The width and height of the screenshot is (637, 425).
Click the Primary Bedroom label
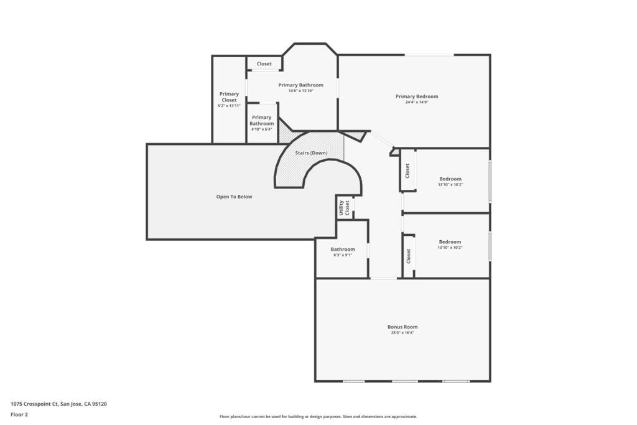[x=417, y=96]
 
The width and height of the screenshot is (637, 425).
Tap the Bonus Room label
[x=402, y=327]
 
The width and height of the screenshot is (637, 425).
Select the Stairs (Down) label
[x=311, y=152]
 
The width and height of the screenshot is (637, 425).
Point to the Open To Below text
[x=234, y=197]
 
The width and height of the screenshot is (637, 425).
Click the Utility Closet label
[x=344, y=207]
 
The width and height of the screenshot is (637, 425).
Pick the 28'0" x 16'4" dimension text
[x=402, y=333]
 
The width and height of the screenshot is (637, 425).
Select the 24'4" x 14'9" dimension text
[x=417, y=102]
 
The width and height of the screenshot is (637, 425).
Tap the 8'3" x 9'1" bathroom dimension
[x=343, y=255]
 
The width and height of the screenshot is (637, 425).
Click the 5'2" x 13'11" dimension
[x=229, y=106]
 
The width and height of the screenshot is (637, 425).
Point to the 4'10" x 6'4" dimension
[x=262, y=129]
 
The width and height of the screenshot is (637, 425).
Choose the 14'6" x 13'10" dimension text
[x=300, y=91]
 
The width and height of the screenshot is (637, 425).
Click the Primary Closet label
[x=229, y=97]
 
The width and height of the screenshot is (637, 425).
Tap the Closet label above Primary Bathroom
[x=264, y=63]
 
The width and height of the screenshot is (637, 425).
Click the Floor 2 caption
[x=19, y=414]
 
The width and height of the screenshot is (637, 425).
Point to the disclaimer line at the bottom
[x=318, y=417]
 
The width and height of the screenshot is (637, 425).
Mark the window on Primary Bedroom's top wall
[x=429, y=55]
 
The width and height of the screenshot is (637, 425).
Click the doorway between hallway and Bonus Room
[x=384, y=278]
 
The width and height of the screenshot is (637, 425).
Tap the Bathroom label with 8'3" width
[x=343, y=249]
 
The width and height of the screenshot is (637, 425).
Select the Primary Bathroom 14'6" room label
[x=300, y=85]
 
